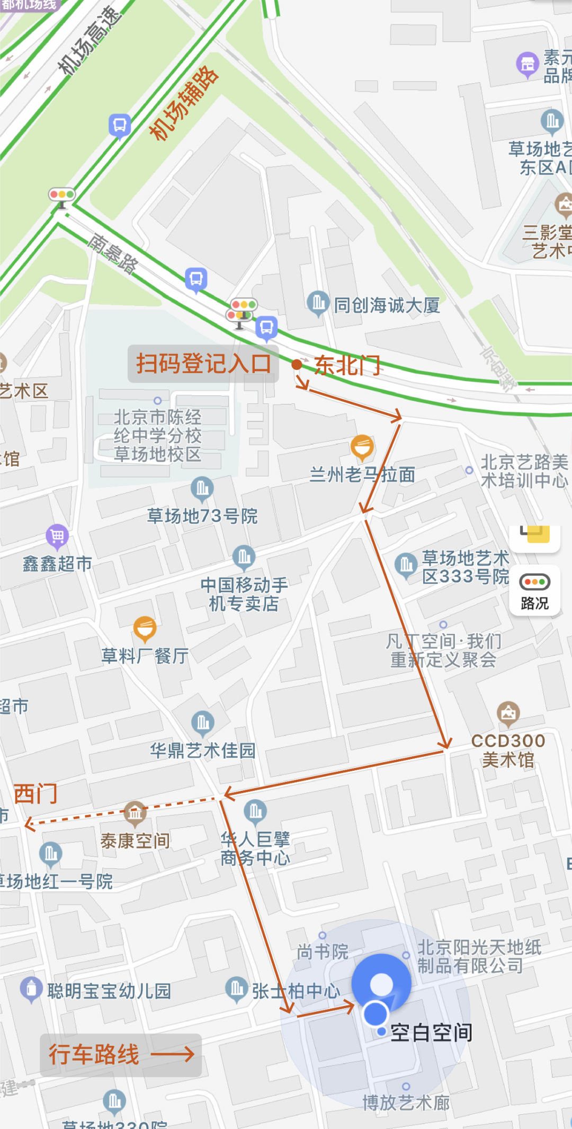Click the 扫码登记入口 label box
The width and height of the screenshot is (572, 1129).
pyautogui.click(x=203, y=364)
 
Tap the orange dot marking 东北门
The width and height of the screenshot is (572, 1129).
pyautogui.click(x=297, y=364)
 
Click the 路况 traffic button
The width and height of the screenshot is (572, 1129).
pyautogui.click(x=534, y=593)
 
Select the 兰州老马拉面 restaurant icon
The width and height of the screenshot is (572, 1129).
pyautogui.click(x=362, y=447)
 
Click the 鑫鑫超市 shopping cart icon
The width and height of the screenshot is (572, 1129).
pyautogui.click(x=57, y=536)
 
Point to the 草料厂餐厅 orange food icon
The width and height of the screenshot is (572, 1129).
pyautogui.click(x=145, y=629)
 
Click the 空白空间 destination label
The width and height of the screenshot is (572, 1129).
pyautogui.click(x=431, y=1033)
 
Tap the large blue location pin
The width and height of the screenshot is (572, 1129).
pyautogui.click(x=381, y=985)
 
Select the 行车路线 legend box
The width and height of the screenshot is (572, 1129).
pyautogui.click(x=121, y=1055)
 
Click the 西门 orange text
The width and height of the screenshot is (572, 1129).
pyautogui.click(x=35, y=794)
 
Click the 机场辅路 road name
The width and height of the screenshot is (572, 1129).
pyautogui.click(x=183, y=104)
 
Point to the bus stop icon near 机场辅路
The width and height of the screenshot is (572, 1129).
pyautogui.click(x=120, y=126)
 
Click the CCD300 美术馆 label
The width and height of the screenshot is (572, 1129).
pyautogui.click(x=508, y=750)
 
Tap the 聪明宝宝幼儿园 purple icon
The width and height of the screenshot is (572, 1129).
pyautogui.click(x=31, y=989)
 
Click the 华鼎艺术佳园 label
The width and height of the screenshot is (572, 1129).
pyautogui.click(x=203, y=751)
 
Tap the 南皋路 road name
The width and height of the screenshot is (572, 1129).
pyautogui.click(x=113, y=253)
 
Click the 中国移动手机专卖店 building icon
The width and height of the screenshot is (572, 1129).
pyautogui.click(x=244, y=557)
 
